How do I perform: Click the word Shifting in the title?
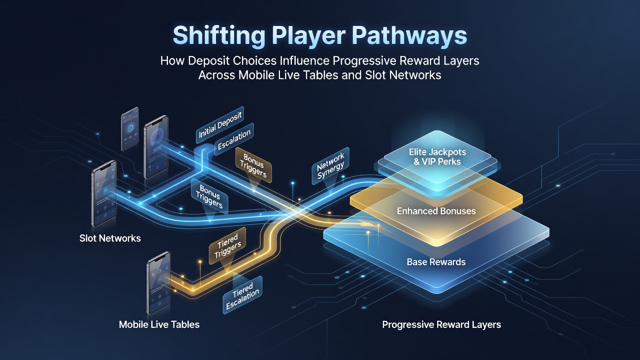point(219,35)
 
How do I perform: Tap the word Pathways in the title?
point(409,35)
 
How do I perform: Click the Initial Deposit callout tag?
point(220,125)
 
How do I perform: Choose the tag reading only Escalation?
point(234,139)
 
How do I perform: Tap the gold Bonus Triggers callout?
point(253,165)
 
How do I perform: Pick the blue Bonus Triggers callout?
point(209,196)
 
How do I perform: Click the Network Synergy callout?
point(330,165)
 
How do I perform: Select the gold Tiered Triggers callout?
point(227,245)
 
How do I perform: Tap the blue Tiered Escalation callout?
point(242,295)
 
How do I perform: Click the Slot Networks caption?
point(110,238)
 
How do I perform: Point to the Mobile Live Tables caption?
point(159,324)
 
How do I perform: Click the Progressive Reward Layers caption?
point(441,325)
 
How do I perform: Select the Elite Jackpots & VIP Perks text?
point(437,157)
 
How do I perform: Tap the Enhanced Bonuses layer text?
point(436,211)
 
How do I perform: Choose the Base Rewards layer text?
point(436,262)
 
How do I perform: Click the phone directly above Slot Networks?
point(104,193)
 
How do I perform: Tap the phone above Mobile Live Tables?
point(159,283)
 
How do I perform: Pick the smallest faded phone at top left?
point(130,129)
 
